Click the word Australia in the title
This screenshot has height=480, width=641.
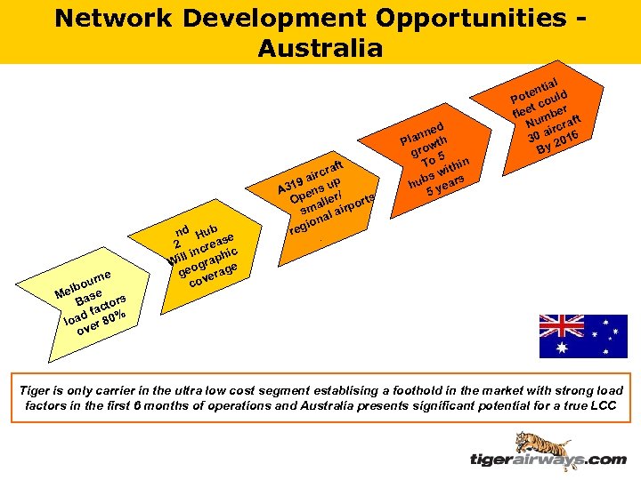click(x=320, y=46)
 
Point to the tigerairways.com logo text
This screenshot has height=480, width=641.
click(x=548, y=460)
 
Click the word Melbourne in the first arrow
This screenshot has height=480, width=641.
click(x=81, y=284)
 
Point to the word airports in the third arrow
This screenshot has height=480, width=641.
click(x=353, y=202)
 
